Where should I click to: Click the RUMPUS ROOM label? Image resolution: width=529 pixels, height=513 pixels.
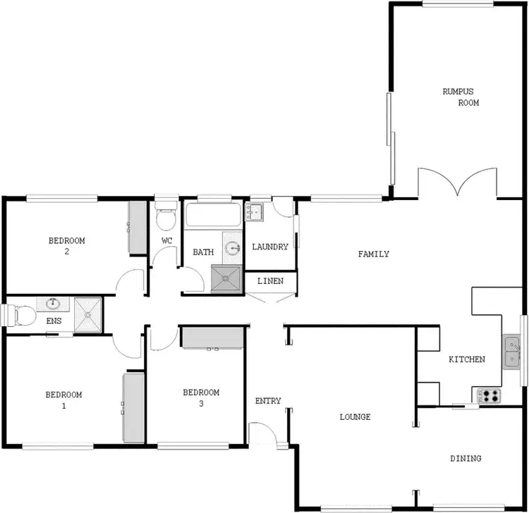pyautogui.click(x=461, y=97)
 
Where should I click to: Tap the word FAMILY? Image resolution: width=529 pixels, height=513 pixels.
pyautogui.click(x=373, y=254)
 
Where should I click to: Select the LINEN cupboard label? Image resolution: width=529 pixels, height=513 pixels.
pyautogui.click(x=271, y=281)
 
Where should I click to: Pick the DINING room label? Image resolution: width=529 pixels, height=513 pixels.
pyautogui.click(x=466, y=458)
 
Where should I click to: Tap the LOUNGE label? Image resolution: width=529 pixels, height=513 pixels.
pyautogui.click(x=355, y=416)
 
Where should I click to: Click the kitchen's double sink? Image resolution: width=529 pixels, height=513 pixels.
pyautogui.click(x=511, y=352)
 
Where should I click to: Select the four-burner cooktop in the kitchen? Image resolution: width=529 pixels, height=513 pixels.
pyautogui.click(x=490, y=397)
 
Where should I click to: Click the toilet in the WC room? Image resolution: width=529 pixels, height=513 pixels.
pyautogui.click(x=166, y=218)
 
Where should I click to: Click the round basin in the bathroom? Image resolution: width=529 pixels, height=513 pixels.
pyautogui.click(x=233, y=247)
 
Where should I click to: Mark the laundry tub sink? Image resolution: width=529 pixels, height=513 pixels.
pyautogui.click(x=254, y=211)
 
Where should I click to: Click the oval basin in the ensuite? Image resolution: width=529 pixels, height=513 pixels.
pyautogui.click(x=53, y=304)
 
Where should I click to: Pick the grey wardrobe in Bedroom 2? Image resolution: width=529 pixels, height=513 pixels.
pyautogui.click(x=136, y=227)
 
